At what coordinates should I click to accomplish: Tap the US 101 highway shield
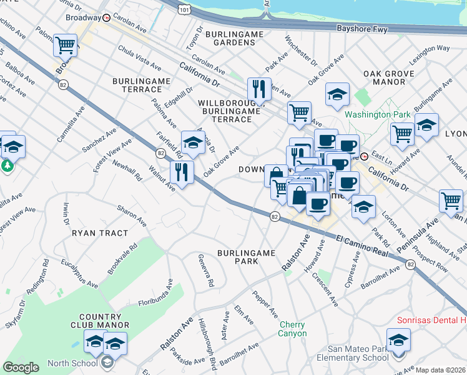point(184,10)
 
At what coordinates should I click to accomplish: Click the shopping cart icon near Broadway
point(65,46)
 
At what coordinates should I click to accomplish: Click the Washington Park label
point(378,114)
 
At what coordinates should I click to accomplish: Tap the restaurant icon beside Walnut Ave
point(182,172)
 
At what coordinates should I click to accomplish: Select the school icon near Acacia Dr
point(193,142)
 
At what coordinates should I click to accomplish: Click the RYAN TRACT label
point(100,232)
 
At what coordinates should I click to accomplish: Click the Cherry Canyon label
point(292,329)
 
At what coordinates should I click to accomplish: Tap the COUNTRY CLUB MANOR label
point(104,321)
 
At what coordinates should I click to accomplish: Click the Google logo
point(21,367)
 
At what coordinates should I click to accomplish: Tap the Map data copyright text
point(440,370)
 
